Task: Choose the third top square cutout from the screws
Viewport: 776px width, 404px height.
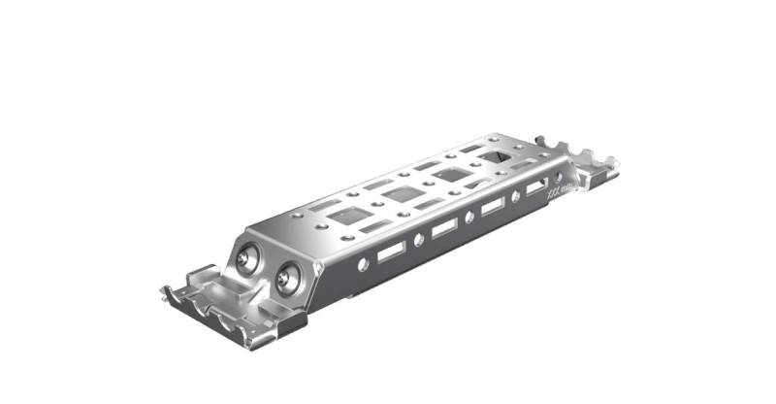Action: pos(447,174)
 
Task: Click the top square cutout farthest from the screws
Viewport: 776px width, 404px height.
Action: pos(493,155)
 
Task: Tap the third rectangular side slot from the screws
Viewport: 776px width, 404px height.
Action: pos(493,206)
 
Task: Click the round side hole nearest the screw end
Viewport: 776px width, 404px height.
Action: pos(363,264)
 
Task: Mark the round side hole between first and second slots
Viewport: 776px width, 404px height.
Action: pos(419,239)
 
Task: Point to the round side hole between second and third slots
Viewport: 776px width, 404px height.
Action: pos(469,217)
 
